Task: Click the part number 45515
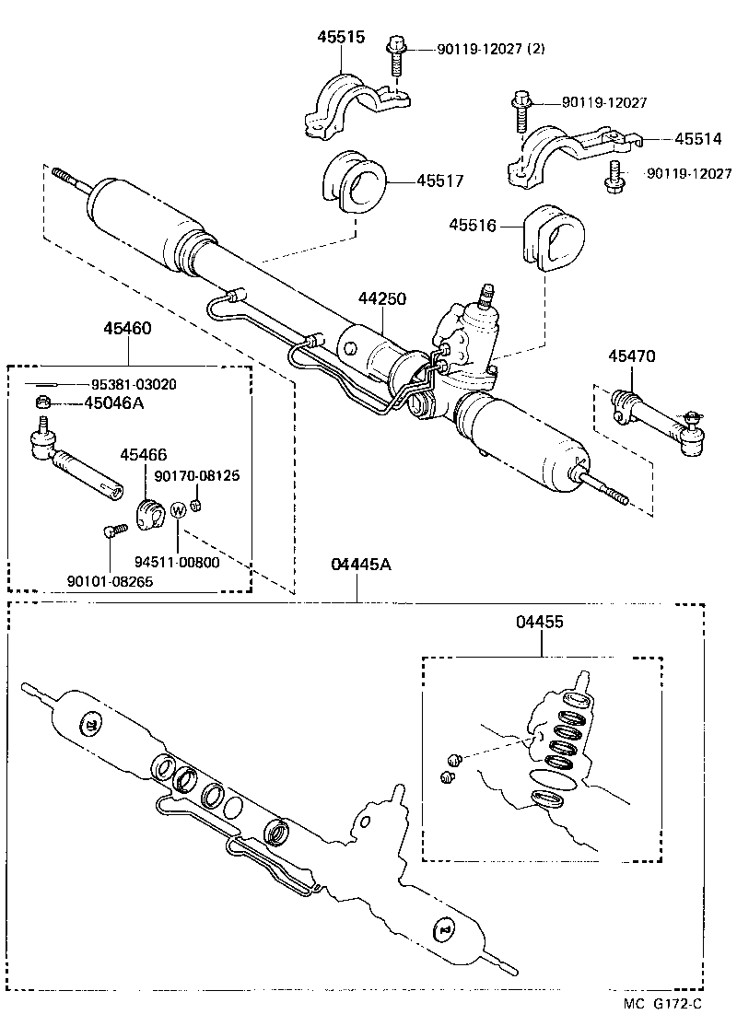pyautogui.click(x=341, y=38)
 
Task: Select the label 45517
pyautogui.click(x=439, y=181)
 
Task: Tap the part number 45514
pyautogui.click(x=697, y=139)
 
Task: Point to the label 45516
pyautogui.click(x=473, y=224)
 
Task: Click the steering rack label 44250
pyautogui.click(x=382, y=300)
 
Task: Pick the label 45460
pyautogui.click(x=127, y=329)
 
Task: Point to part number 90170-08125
pyautogui.click(x=196, y=476)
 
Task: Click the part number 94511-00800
pyautogui.click(x=177, y=562)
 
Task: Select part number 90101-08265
pyautogui.click(x=110, y=581)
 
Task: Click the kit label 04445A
pyautogui.click(x=357, y=565)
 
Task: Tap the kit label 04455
pyautogui.click(x=540, y=623)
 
